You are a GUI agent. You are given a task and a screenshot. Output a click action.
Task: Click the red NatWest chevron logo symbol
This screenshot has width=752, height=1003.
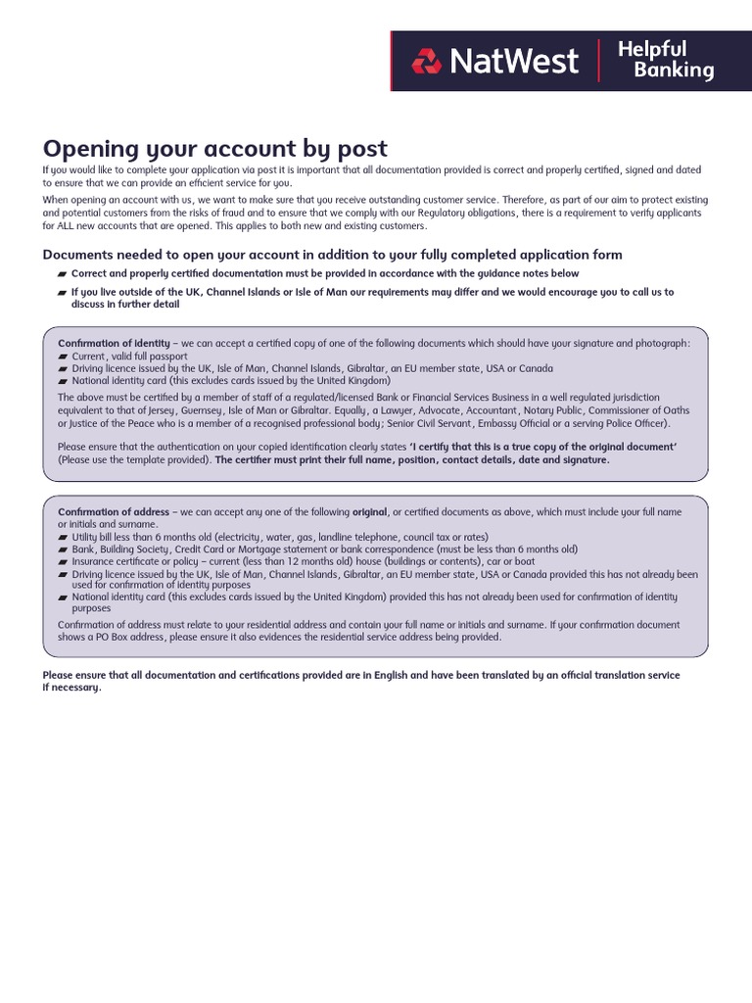(x=427, y=62)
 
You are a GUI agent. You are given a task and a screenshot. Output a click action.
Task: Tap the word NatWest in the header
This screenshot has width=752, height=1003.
(x=513, y=61)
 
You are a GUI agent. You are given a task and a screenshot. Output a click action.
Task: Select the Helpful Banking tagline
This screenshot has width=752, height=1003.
(x=665, y=60)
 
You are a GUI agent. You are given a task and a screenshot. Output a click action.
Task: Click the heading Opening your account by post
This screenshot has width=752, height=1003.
(x=215, y=148)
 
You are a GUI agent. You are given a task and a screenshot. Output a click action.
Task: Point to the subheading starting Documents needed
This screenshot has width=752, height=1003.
(x=332, y=255)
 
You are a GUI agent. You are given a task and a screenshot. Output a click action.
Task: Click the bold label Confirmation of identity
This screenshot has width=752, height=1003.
(x=114, y=344)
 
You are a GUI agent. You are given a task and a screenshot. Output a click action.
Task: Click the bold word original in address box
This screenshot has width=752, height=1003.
(x=370, y=512)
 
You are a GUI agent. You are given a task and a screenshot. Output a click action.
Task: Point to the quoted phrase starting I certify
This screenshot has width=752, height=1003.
(x=544, y=447)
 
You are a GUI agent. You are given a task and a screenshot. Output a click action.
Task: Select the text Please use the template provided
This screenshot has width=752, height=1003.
(x=133, y=459)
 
